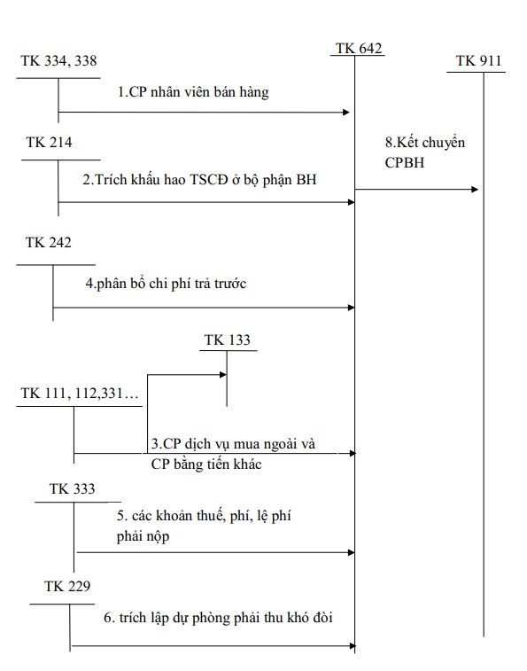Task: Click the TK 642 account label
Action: (359, 48)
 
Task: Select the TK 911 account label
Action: (478, 60)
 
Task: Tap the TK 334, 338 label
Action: (58, 60)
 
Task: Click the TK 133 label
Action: (227, 339)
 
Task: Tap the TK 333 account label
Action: (73, 488)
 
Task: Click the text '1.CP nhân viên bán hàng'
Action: (193, 92)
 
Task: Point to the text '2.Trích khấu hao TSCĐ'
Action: (159, 180)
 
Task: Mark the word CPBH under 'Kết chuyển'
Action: (402, 162)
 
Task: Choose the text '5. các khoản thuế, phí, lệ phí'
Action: (202, 514)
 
